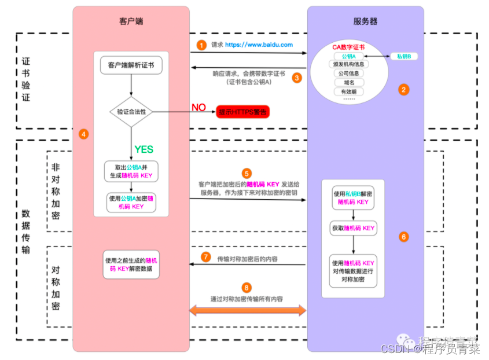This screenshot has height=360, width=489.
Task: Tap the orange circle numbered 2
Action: pos(404,89)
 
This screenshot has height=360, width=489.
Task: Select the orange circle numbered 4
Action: pos(83,134)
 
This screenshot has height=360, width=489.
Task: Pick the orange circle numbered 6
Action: pos(404,236)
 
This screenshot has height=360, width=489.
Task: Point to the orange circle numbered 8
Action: pos(247,287)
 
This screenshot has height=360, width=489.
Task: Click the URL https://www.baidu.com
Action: pos(259,45)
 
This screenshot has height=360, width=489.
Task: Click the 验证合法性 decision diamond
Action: pos(131,112)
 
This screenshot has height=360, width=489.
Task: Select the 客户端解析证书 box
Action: pos(131,65)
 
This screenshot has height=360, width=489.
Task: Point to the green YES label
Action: pos(144,149)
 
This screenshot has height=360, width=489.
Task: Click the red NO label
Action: pos(198,108)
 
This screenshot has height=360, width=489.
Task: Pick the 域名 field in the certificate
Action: pos(348,83)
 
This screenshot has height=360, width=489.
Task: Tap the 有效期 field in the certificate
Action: pos(348,91)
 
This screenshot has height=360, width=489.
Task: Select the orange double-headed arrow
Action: pos(248,311)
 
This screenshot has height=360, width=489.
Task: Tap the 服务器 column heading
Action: pos(365,21)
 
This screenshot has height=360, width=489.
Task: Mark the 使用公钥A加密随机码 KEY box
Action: pos(131,202)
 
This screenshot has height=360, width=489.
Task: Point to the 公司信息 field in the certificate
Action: pos(348,74)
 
